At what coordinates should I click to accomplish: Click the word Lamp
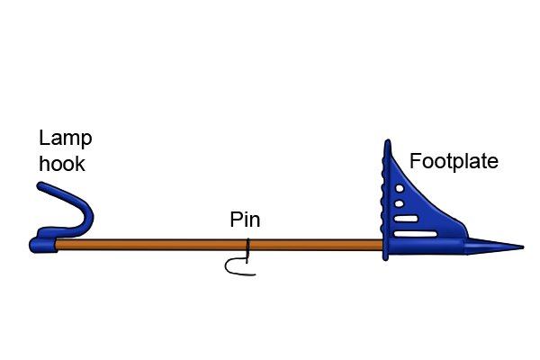click(66, 139)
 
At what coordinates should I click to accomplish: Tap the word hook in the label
click(62, 164)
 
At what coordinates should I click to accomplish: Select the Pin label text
click(245, 220)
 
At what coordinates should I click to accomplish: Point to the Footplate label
click(454, 161)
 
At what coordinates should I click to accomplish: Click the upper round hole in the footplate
click(400, 188)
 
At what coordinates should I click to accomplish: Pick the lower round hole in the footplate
click(399, 203)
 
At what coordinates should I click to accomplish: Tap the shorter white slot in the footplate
click(406, 219)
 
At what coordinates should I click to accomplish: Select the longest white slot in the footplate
click(415, 234)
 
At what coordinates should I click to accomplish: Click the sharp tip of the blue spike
click(523, 247)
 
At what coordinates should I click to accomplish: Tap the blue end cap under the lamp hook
click(42, 246)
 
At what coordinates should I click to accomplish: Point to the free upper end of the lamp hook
click(40, 185)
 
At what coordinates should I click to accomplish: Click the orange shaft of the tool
click(219, 245)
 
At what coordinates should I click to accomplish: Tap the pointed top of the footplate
click(387, 141)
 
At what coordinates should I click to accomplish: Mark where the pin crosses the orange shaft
click(247, 245)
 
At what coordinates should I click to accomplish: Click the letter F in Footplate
click(415, 161)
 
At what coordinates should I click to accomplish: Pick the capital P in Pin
click(236, 219)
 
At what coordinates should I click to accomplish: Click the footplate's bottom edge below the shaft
click(386, 257)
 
